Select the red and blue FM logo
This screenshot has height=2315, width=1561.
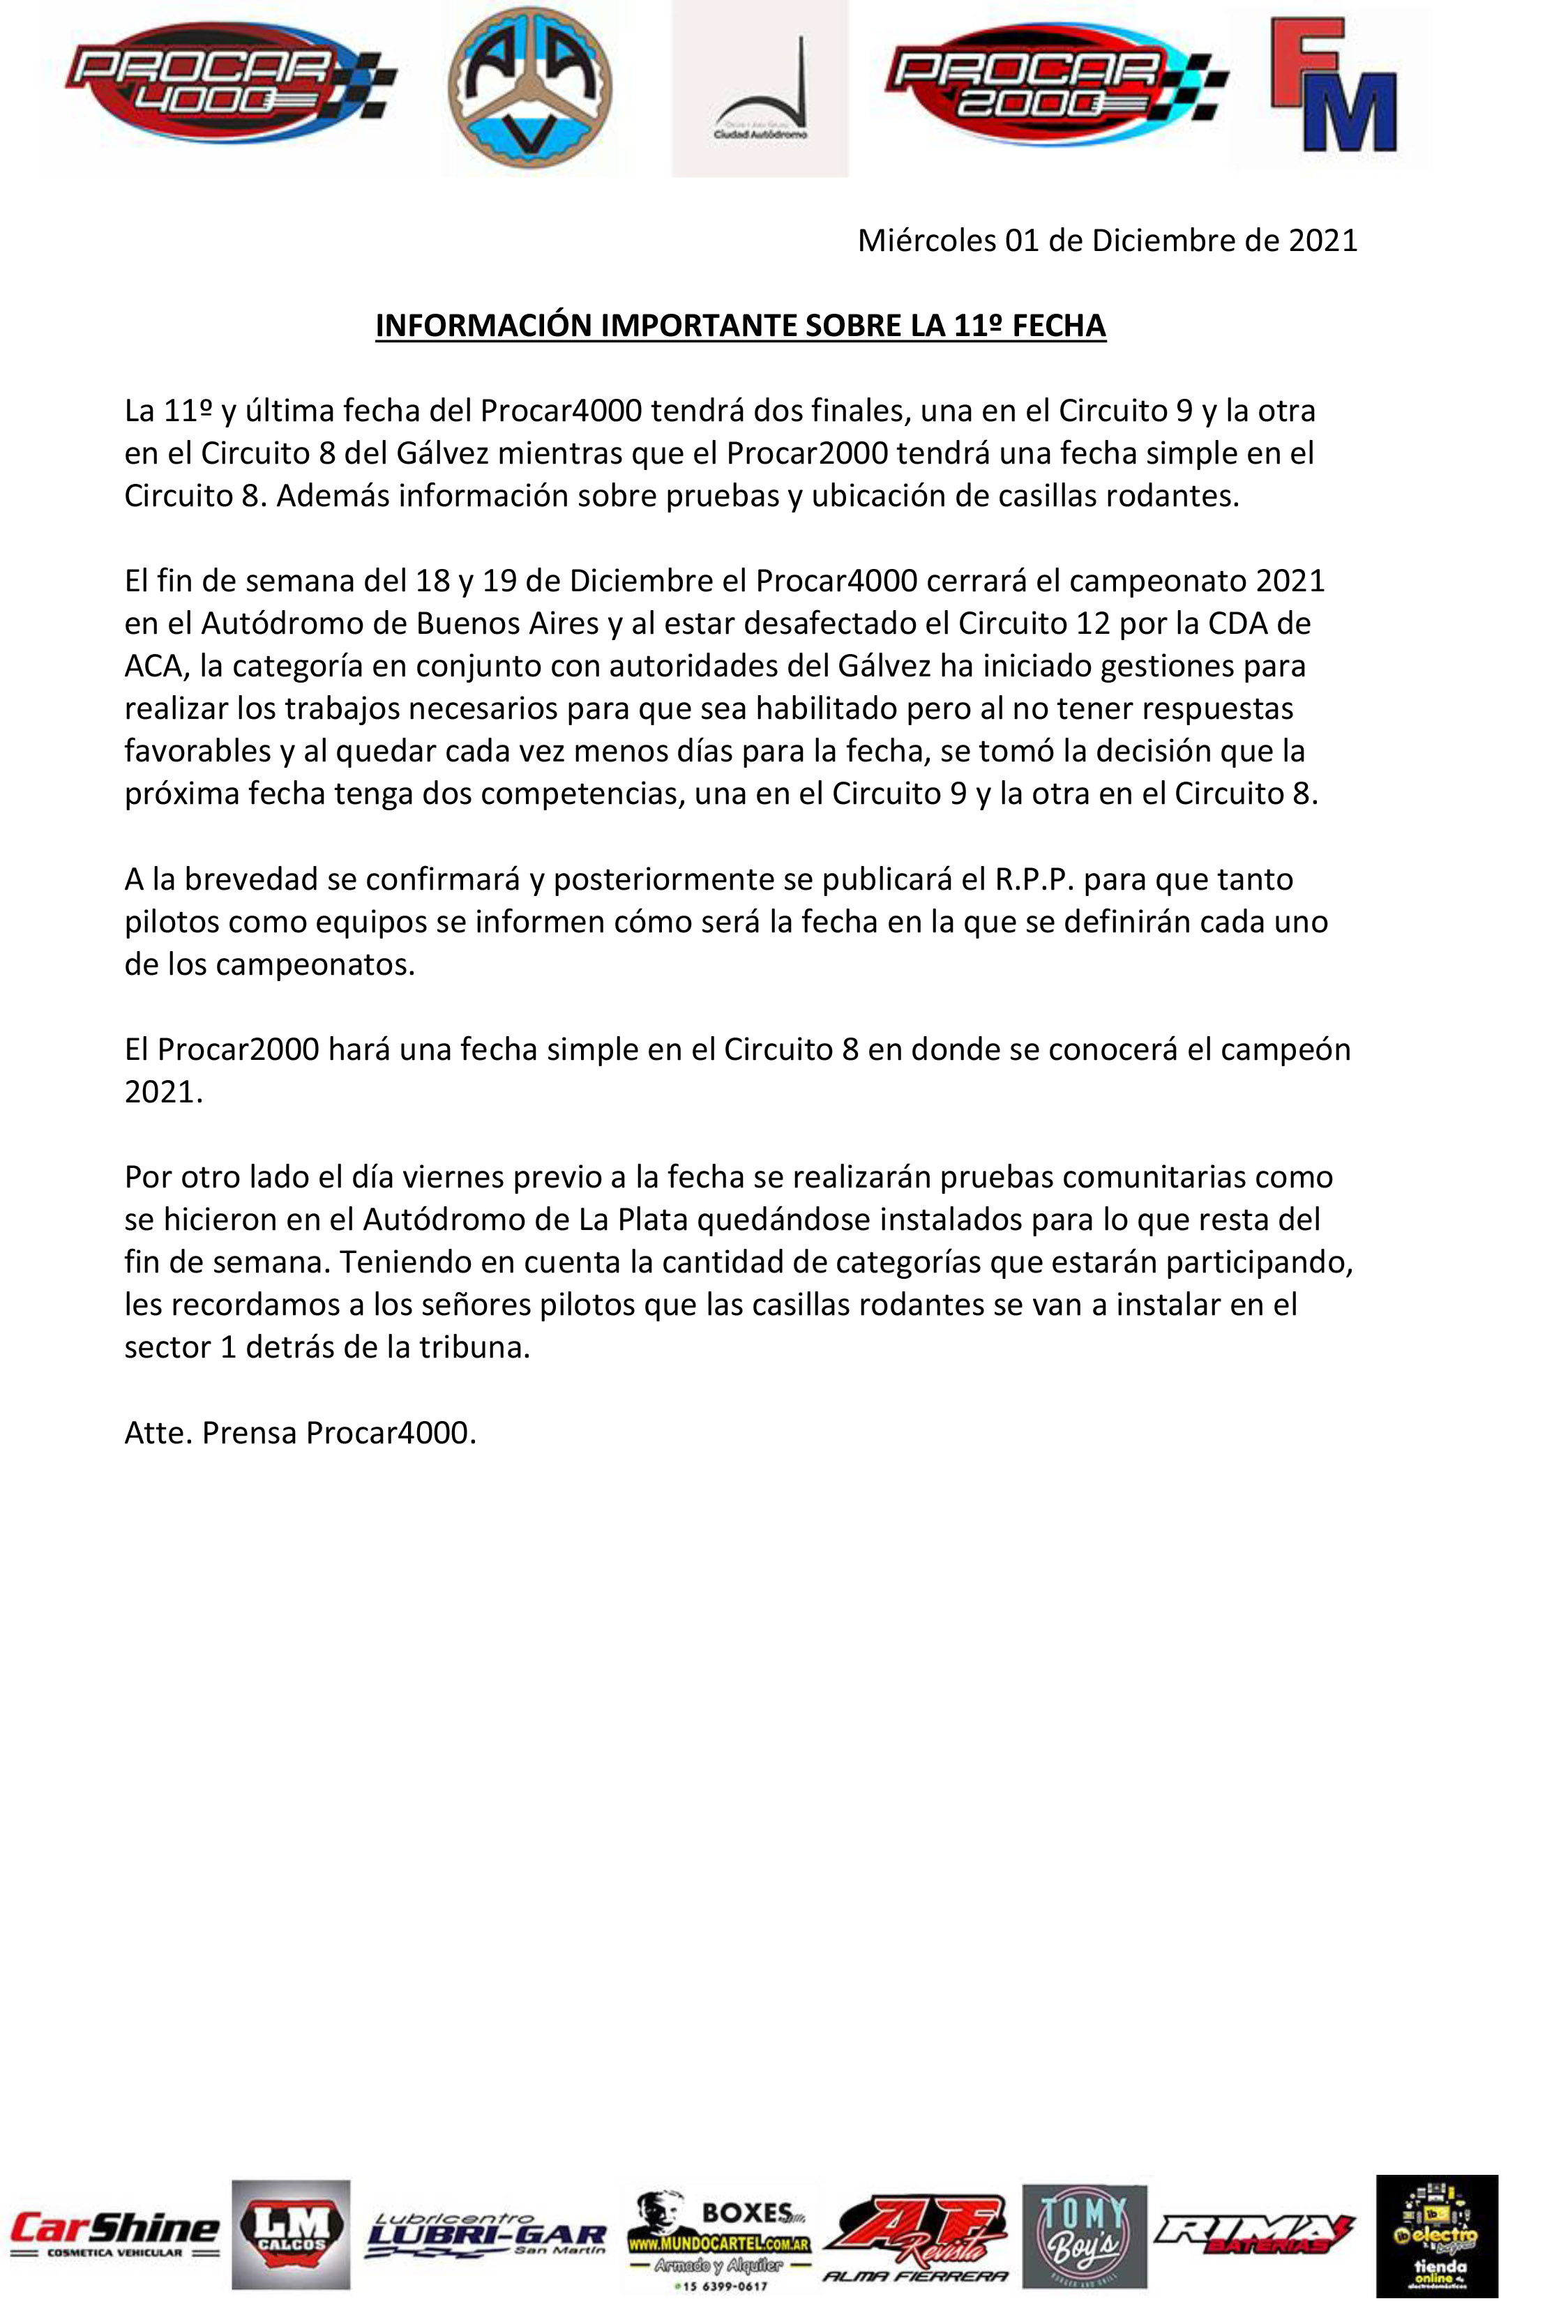tap(1334, 88)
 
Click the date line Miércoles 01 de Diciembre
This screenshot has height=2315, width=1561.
tap(1107, 241)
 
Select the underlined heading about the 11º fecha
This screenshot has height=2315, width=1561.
tap(741, 326)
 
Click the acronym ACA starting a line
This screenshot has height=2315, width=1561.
tap(153, 666)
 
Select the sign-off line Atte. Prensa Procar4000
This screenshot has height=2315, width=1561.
tap(301, 1432)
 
